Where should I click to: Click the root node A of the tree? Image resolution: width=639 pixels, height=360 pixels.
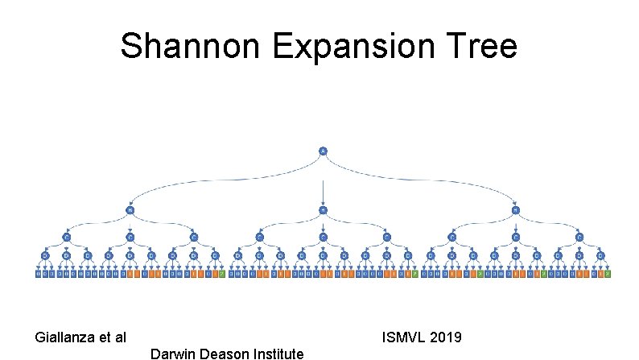323,151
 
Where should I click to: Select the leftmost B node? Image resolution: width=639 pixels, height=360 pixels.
130,210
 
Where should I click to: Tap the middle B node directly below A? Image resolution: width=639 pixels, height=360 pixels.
323,210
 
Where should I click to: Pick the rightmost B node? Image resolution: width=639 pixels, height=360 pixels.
515,210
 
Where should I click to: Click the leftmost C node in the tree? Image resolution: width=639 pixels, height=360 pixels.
66,237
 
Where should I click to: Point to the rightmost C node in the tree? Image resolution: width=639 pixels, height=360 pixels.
579,237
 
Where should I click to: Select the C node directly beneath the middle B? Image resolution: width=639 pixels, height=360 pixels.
323,237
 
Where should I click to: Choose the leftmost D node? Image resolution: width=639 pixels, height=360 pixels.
45,256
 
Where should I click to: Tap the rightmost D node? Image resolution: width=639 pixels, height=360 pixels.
600,256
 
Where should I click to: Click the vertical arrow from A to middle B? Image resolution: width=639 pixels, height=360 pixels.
323,189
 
